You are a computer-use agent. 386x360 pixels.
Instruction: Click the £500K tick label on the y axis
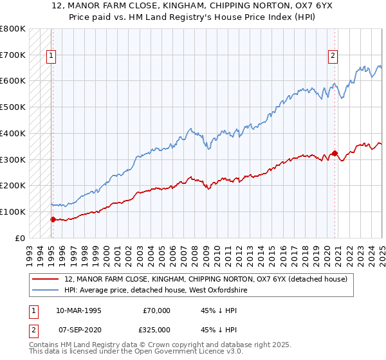coord(14,107)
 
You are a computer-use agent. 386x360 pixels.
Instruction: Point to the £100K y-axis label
coord(14,212)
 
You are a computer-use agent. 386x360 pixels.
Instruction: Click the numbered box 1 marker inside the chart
coord(51,56)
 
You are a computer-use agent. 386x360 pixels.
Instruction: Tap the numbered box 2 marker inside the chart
coord(333,56)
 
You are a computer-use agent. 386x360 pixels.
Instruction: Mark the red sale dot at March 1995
coord(53,219)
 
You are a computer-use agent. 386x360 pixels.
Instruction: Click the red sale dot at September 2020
coord(335,153)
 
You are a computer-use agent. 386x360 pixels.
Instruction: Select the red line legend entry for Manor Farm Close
coord(206,279)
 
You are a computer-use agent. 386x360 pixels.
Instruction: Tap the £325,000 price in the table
coord(156,328)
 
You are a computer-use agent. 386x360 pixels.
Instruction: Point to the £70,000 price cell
coord(156,310)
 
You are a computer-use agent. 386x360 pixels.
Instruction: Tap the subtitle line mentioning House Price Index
coord(193,17)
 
